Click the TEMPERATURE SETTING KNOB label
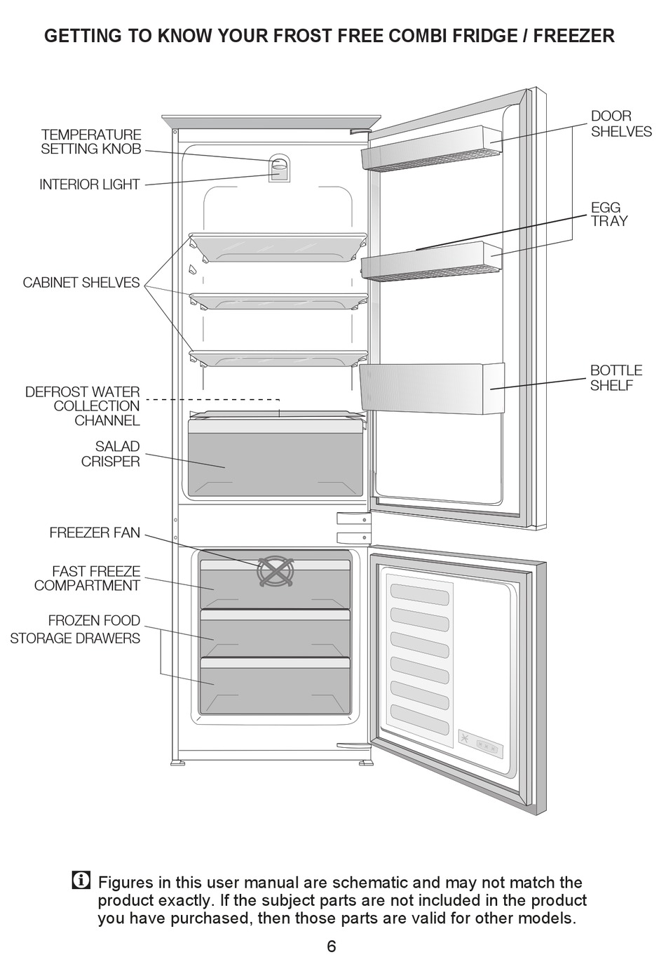pos(90,142)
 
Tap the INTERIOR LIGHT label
pos(89,185)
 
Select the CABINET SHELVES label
pos(81,283)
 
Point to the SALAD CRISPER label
pos(110,454)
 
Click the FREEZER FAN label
pos(95,533)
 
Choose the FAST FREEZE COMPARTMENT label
pos(88,579)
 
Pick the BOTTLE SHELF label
pos(616,377)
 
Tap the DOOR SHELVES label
pos(620,123)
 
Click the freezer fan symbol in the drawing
pos(274,571)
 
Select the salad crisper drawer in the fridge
pos(276,463)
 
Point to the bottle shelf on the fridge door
pos(430,389)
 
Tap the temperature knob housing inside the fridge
pos(279,168)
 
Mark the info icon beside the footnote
pos(81,881)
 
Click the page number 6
pos(332,946)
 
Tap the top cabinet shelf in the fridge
pos(278,247)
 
